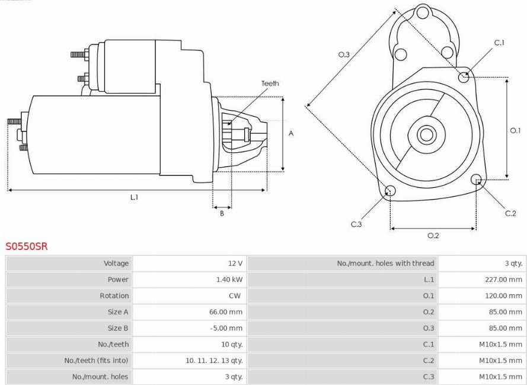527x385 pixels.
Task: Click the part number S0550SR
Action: (x=27, y=246)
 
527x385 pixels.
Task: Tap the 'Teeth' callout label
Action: (x=270, y=84)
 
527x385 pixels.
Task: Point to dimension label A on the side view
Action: (x=291, y=133)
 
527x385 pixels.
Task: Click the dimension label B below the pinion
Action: (x=222, y=213)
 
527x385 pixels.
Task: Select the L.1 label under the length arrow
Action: (x=134, y=197)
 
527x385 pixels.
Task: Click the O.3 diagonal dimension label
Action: (x=344, y=54)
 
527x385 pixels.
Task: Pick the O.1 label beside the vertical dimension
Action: (x=515, y=130)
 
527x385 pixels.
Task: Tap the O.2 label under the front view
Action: (x=433, y=236)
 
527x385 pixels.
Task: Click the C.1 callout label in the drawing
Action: (x=499, y=43)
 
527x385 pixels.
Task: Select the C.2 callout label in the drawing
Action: (x=510, y=213)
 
